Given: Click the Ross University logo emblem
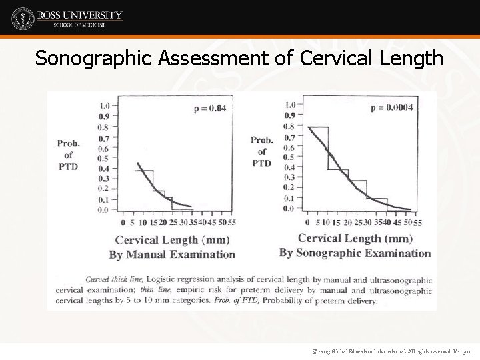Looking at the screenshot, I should point(23,18).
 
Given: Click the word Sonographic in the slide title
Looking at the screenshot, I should point(94,59).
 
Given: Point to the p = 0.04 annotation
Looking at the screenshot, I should point(209,108).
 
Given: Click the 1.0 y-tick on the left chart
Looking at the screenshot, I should point(104,105).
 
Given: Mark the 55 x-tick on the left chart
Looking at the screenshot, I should point(231,222).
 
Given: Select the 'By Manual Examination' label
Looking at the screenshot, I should point(172,254).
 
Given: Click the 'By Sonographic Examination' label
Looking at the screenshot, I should point(355,253).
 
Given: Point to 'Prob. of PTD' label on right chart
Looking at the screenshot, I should point(261,151).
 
